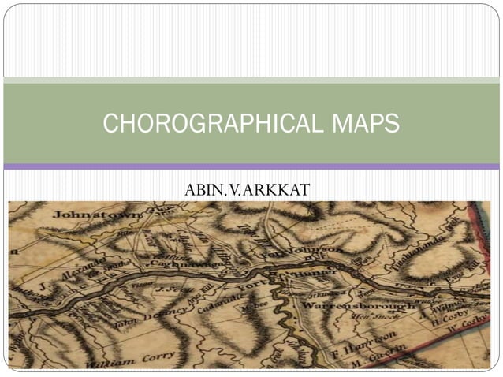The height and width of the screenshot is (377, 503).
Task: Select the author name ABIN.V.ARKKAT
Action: pyautogui.click(x=247, y=190)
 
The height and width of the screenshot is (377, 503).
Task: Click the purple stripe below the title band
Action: pyautogui.click(x=251, y=166)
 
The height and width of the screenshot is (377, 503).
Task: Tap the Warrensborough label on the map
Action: pyautogui.click(x=359, y=304)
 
